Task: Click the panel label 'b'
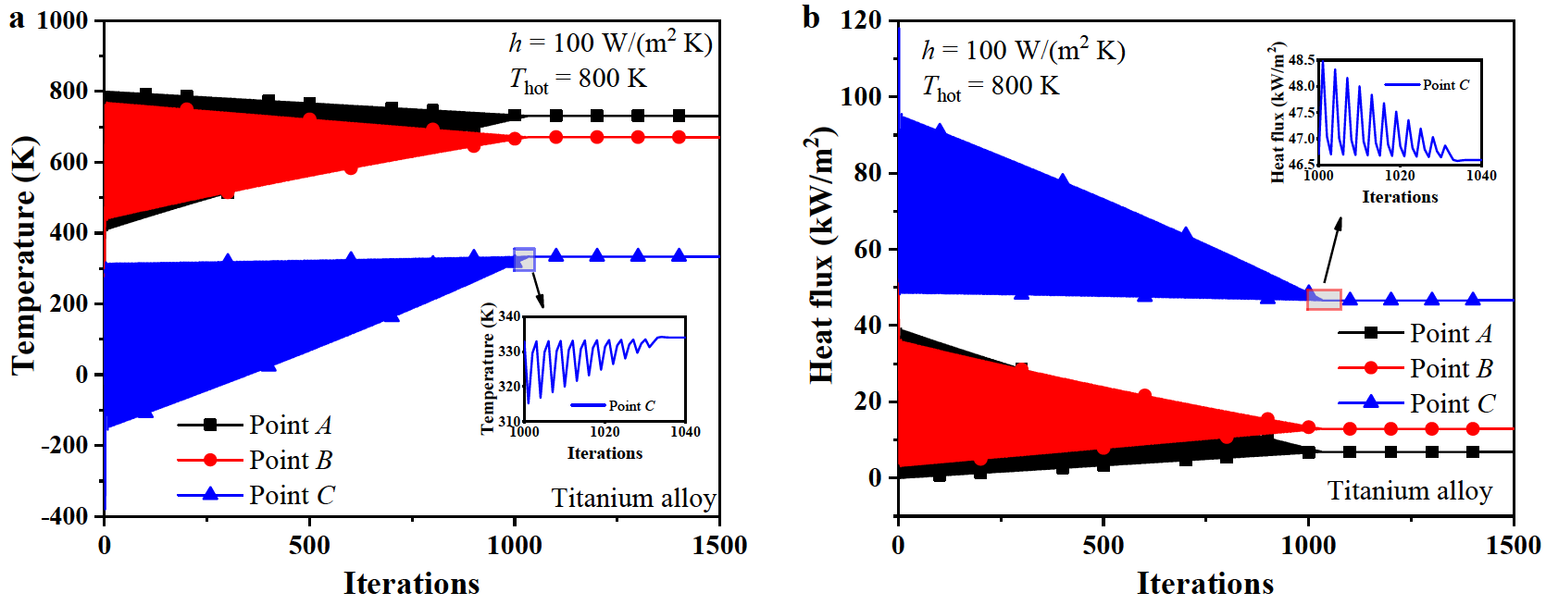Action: click(x=811, y=19)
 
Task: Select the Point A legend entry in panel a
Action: click(x=290, y=425)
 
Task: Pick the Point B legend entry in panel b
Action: click(x=1451, y=368)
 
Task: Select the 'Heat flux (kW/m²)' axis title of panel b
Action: click(x=820, y=254)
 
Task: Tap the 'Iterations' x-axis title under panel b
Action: click(x=1204, y=584)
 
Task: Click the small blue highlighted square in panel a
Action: click(x=524, y=259)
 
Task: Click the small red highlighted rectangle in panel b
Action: click(x=1324, y=299)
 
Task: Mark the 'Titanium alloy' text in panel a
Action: click(x=634, y=499)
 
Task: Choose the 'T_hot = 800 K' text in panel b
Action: click(x=991, y=87)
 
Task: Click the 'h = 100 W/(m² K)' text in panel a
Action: click(x=611, y=43)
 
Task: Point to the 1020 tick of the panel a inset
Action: click(x=605, y=432)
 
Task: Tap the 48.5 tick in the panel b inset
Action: click(x=1302, y=60)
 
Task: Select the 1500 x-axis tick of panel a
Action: click(x=719, y=546)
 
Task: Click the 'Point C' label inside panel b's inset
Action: click(x=1446, y=85)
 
